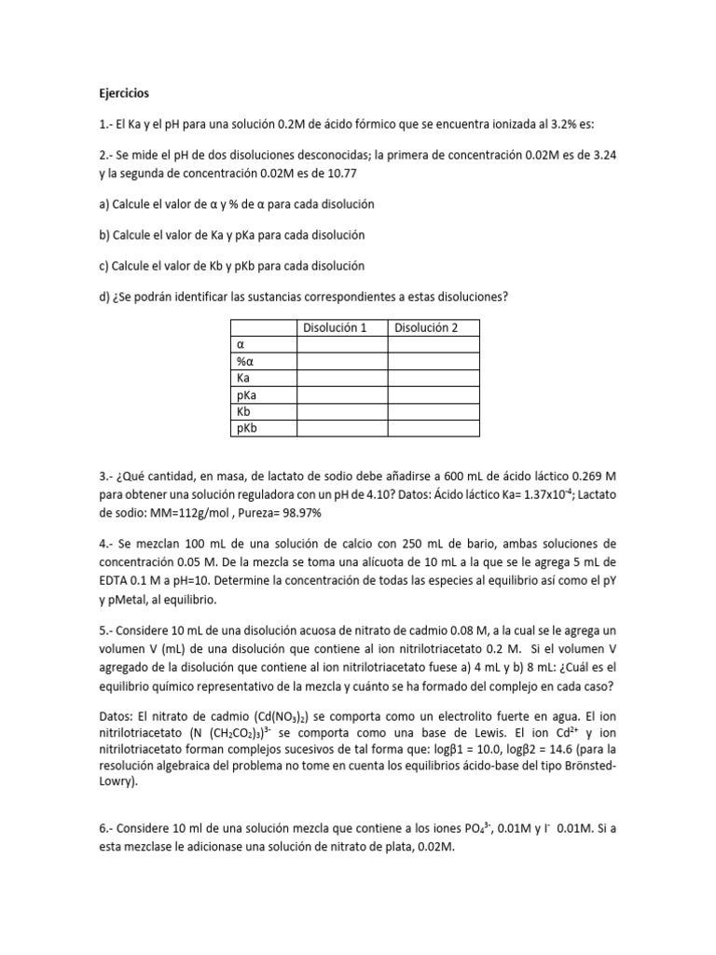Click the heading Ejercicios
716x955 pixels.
pos(123,94)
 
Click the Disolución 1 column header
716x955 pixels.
pos(341,327)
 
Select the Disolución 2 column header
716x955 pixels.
pos(434,327)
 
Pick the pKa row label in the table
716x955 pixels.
pos(247,394)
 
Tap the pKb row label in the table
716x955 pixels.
pos(247,428)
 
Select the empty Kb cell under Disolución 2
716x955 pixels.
pos(434,411)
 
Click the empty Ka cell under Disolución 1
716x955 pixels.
pos(341,378)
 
